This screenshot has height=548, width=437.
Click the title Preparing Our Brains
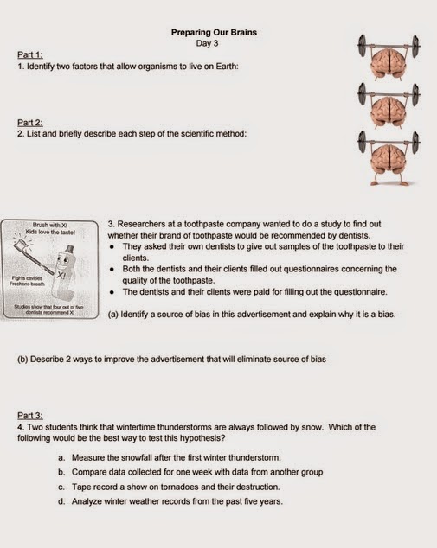(x=214, y=33)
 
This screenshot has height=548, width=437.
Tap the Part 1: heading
(x=30, y=54)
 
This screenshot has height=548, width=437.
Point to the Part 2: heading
(x=30, y=123)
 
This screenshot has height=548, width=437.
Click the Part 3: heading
(x=30, y=415)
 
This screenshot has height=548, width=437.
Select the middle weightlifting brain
(x=389, y=106)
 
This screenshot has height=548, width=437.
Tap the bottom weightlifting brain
(x=389, y=157)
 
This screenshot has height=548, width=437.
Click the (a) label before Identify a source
(x=112, y=314)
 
